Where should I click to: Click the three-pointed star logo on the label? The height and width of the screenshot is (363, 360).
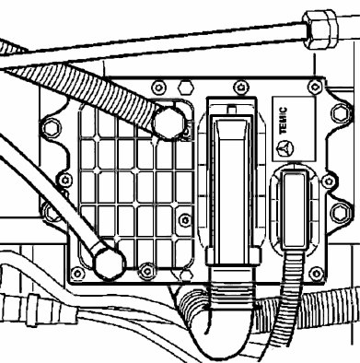point(285,148)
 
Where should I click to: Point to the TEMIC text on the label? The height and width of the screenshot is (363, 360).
point(283,121)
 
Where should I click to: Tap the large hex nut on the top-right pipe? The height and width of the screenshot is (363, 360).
point(319,29)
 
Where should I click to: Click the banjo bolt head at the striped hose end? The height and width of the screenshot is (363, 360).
point(169,123)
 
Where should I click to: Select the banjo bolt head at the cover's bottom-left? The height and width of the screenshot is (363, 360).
point(110,263)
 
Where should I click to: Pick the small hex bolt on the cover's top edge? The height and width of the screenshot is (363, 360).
point(186,88)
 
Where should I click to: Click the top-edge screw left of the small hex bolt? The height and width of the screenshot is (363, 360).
point(158,88)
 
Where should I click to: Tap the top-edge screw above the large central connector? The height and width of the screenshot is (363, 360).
point(240,88)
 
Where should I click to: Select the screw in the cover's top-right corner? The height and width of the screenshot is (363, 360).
point(315,87)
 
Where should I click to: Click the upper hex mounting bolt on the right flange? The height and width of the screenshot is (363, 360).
point(340,113)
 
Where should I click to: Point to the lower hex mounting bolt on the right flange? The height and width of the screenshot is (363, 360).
point(341,213)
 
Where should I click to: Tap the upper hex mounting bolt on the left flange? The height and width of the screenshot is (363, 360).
point(52,128)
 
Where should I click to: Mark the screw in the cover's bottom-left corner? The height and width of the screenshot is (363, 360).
point(77,273)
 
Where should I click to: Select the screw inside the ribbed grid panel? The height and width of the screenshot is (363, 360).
point(185,220)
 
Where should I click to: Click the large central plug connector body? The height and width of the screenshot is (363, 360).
point(232,181)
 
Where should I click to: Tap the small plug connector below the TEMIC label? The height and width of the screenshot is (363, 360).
point(295,210)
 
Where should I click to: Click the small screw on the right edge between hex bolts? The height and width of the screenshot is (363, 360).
point(328,181)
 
